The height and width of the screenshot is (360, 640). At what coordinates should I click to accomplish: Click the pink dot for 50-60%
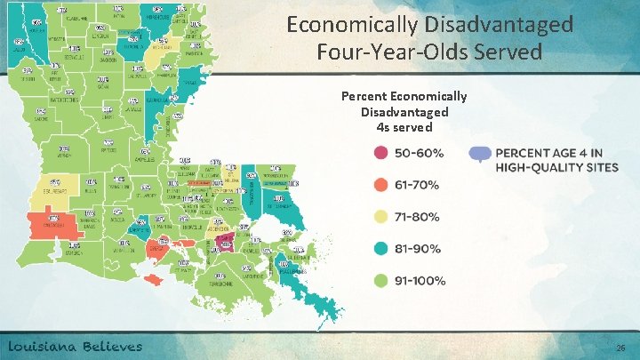pos(380,153)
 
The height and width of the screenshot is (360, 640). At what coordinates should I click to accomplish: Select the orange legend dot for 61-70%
pos(380,185)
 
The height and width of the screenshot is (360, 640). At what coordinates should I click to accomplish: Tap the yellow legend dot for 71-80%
pos(380,217)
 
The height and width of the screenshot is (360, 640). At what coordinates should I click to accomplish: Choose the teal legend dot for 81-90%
pos(380,249)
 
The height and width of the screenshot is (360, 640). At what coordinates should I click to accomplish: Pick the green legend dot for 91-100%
pos(380,281)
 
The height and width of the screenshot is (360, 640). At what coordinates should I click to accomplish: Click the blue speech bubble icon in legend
pos(481,154)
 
